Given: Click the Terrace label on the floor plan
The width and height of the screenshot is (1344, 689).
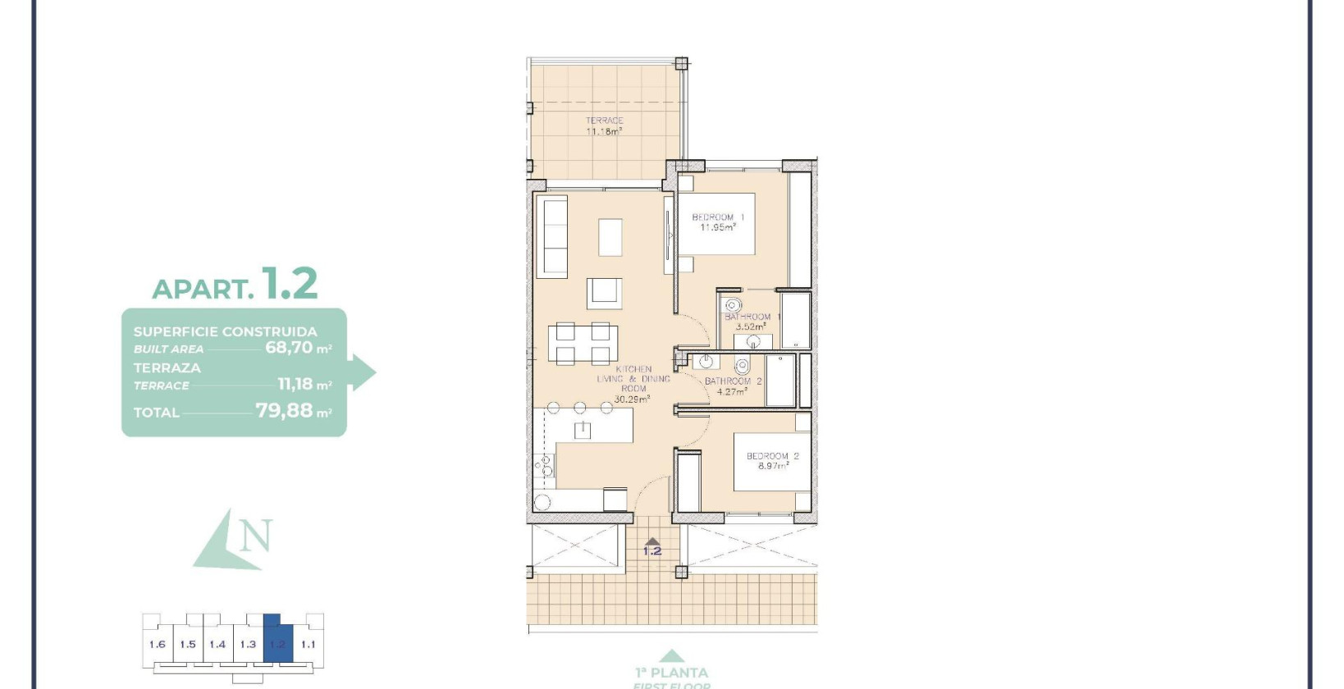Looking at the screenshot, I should (604, 121).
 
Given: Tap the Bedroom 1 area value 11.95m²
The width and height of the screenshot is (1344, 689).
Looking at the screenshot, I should (717, 227).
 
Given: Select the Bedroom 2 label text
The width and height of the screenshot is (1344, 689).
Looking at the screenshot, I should (772, 456).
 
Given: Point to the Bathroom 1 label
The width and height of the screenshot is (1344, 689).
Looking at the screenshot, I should (752, 317).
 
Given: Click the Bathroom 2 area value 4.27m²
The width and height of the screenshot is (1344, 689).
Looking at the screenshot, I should (732, 391).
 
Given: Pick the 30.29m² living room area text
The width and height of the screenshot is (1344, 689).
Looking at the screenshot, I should (632, 399).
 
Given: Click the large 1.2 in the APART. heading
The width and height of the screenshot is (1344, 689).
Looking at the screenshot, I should (289, 284).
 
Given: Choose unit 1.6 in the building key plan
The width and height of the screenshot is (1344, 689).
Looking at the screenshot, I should (157, 644).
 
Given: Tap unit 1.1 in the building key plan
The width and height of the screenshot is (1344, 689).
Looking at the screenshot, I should (308, 644).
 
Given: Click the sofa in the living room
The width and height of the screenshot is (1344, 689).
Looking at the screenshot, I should (552, 236).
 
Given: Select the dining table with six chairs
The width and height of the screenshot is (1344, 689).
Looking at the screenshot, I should (583, 344).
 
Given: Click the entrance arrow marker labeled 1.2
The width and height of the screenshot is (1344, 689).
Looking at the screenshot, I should (651, 546).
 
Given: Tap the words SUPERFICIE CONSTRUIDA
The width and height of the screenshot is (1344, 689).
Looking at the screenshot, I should (225, 331).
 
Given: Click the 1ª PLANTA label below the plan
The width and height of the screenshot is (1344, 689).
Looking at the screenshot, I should (671, 672).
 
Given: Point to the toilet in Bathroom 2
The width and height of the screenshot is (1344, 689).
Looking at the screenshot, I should (743, 365).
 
